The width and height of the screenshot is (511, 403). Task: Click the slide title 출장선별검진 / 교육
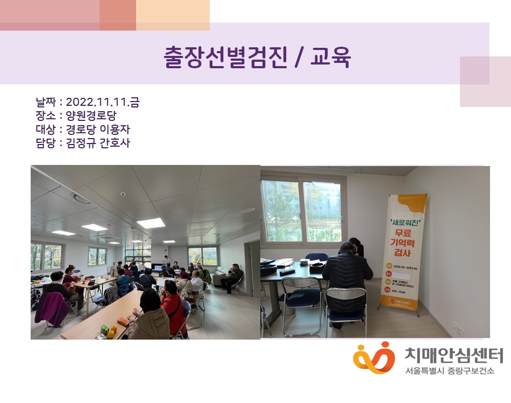click(257, 57)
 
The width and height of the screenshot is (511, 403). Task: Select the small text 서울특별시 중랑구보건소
click(450, 371)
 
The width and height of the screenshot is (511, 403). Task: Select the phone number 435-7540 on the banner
click(399, 291)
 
